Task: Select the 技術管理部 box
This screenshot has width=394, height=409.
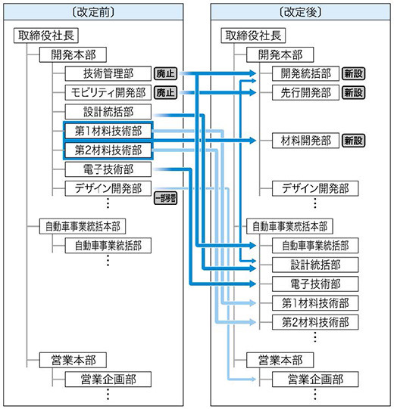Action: click(x=108, y=73)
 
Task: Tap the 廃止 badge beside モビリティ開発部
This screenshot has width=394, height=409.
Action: click(x=165, y=93)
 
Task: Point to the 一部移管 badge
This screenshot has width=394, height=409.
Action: click(x=165, y=198)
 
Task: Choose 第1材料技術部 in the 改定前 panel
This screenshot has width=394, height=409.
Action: click(x=108, y=131)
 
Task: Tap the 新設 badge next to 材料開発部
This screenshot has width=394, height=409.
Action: click(x=353, y=141)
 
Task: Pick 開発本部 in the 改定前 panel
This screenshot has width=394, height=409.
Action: click(x=74, y=54)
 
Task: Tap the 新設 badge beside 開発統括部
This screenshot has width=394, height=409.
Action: click(x=353, y=73)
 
